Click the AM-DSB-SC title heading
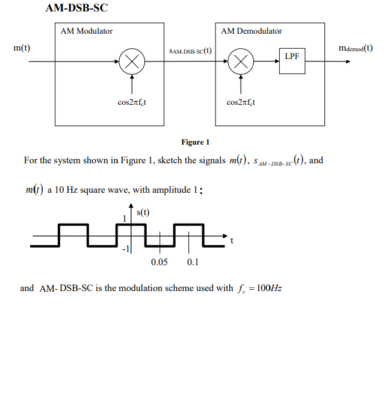[x=76, y=8]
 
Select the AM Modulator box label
[x=87, y=31]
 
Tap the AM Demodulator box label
[x=251, y=31]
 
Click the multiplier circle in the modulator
[x=132, y=61]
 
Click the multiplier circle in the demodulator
[x=241, y=61]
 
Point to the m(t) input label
[x=22, y=48]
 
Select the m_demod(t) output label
[x=355, y=48]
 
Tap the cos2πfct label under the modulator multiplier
[x=131, y=102]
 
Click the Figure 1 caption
[x=195, y=142]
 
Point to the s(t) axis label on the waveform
[x=143, y=212]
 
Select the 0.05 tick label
[x=159, y=262]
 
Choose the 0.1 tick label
[x=193, y=262]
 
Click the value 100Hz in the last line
[x=269, y=288]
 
